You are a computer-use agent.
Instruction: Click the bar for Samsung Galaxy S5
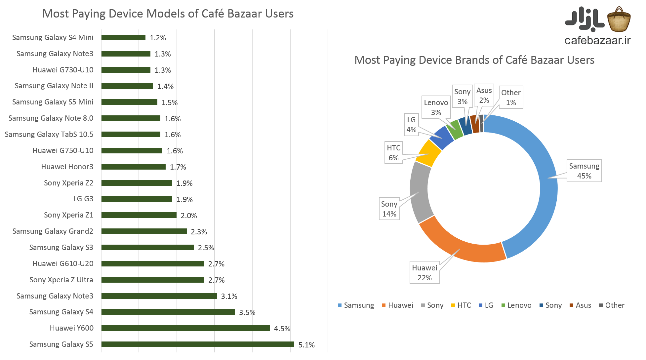[197, 344]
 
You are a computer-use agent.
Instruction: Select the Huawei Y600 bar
[185, 328]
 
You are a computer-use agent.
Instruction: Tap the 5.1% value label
[306, 345]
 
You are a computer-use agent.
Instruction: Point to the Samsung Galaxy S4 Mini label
[53, 37]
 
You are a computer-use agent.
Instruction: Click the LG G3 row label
[83, 199]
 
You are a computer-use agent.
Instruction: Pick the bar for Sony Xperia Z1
[139, 215]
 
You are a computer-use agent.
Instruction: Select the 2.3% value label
[199, 232]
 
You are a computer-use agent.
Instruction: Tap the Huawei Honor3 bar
[133, 167]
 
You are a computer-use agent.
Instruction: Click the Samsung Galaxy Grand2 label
[53, 231]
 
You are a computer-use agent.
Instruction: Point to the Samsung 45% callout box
[584, 171]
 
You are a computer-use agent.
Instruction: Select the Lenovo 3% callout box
[436, 107]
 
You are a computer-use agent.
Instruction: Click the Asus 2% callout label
[484, 95]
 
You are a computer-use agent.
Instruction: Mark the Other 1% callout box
[511, 98]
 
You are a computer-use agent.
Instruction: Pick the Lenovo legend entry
[516, 305]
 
